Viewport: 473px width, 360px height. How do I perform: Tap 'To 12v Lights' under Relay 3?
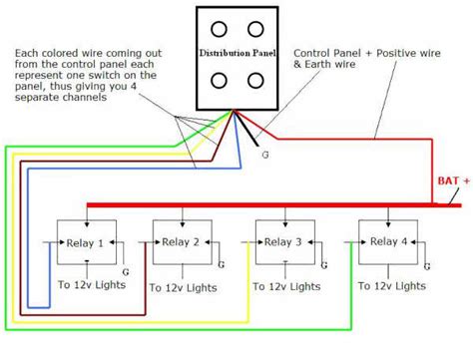[x=287, y=286]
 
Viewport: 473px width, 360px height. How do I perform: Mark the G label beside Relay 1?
[x=124, y=270]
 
